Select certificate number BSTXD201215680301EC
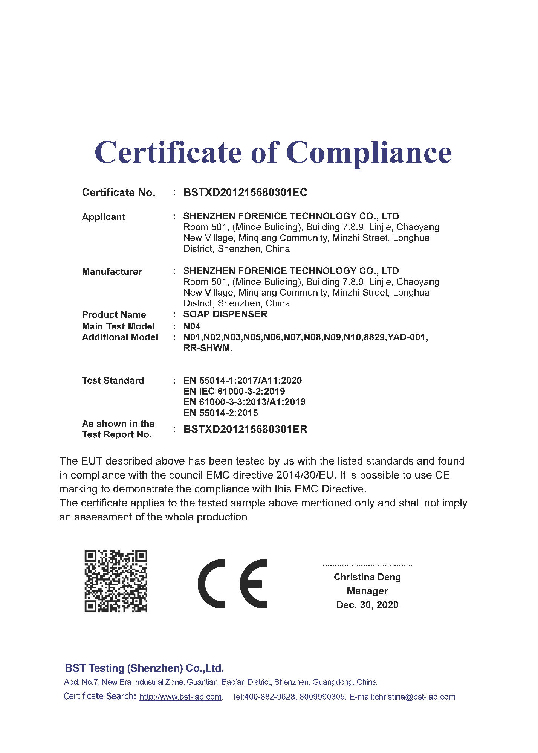(x=245, y=192)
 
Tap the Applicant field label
(x=103, y=217)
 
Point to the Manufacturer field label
(x=112, y=271)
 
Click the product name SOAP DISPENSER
(x=225, y=314)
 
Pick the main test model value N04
(x=192, y=326)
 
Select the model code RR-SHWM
(x=207, y=348)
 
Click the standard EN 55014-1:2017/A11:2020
(x=242, y=380)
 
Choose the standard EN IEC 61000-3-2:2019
(x=234, y=391)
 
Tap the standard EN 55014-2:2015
(x=220, y=413)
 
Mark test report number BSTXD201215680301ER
(x=245, y=429)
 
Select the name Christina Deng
(x=367, y=577)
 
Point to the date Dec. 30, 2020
(x=367, y=605)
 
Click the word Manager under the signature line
(x=367, y=591)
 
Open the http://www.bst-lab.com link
(x=180, y=697)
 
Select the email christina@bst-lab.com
(x=415, y=697)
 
